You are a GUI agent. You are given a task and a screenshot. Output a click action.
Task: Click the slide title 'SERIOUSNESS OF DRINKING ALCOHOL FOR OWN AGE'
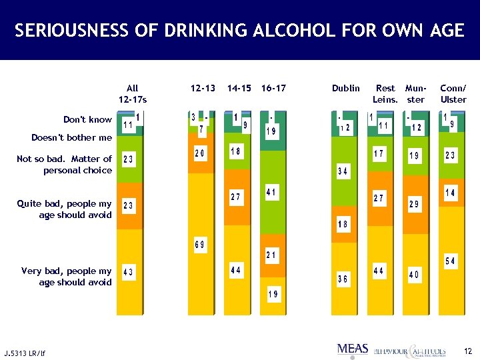(x=239, y=31)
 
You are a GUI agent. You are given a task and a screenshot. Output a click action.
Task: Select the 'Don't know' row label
(x=87, y=120)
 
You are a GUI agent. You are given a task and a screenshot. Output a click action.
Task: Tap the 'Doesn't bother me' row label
(x=72, y=138)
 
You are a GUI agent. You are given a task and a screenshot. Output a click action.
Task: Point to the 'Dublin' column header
(x=345, y=88)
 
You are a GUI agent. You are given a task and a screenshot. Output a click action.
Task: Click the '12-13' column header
(x=203, y=88)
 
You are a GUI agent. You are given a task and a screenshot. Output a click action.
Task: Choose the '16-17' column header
(x=273, y=88)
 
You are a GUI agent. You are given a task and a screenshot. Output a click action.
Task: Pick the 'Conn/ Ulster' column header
(x=453, y=94)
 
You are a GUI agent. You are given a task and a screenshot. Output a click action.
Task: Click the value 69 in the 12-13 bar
(x=200, y=245)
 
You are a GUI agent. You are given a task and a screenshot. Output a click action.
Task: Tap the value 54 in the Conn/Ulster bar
(x=450, y=261)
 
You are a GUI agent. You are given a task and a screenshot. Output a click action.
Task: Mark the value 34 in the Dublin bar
(x=343, y=172)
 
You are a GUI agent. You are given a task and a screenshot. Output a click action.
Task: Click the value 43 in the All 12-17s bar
(x=129, y=272)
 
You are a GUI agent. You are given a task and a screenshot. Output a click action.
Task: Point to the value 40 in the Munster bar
(x=415, y=275)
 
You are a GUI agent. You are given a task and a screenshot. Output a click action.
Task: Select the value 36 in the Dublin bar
(x=343, y=280)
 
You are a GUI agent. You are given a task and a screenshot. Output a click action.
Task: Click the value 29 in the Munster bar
(x=415, y=204)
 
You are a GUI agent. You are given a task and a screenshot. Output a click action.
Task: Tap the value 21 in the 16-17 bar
(x=272, y=255)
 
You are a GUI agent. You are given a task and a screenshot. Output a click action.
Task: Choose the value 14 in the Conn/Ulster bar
(x=450, y=193)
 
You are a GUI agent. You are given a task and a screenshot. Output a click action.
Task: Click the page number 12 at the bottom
(x=467, y=351)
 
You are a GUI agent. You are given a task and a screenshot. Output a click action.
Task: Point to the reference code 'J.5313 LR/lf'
(x=25, y=352)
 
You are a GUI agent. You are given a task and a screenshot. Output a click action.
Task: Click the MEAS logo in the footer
(x=353, y=349)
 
